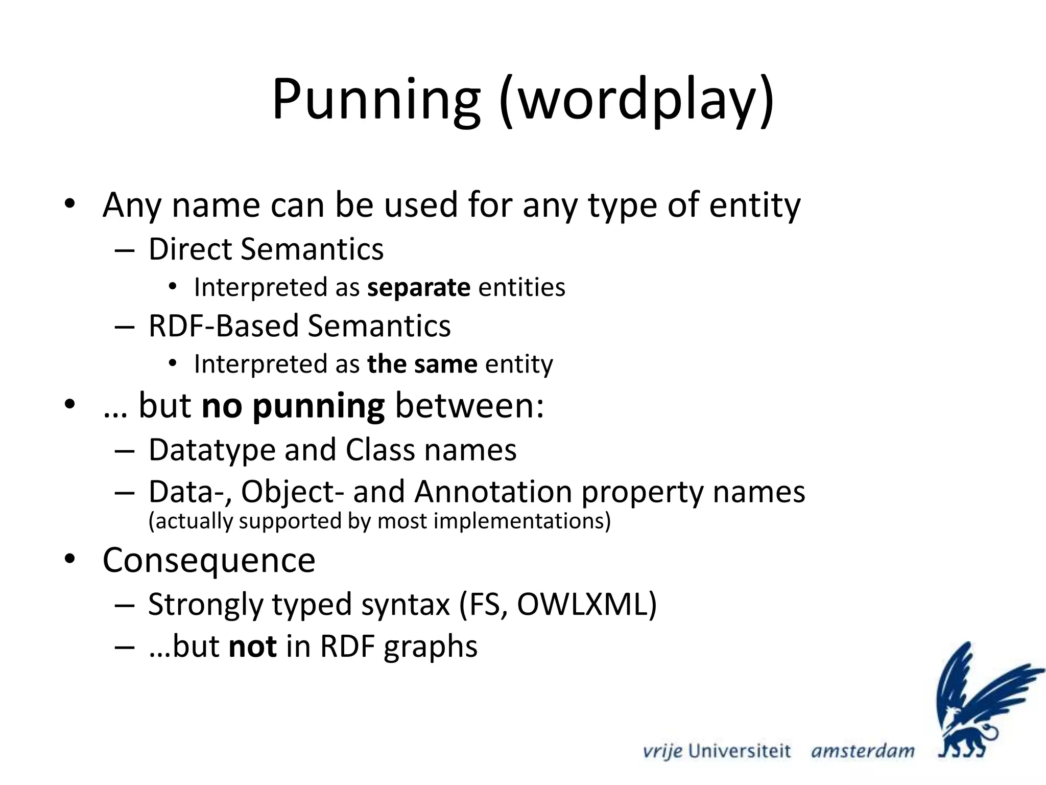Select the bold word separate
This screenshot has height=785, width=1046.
point(419,288)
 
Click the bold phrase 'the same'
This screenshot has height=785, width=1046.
point(422,364)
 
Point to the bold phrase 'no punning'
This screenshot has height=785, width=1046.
point(293,406)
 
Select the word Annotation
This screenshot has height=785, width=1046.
point(493,492)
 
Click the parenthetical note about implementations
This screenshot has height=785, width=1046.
point(379,521)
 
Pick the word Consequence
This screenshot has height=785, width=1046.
point(209,561)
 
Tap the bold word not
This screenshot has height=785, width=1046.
point(253,647)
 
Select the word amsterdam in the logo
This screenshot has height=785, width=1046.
point(863,751)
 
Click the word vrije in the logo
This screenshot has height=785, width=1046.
point(662,751)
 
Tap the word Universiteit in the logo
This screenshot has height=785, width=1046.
point(739,751)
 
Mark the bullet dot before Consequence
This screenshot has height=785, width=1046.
point(69,559)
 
